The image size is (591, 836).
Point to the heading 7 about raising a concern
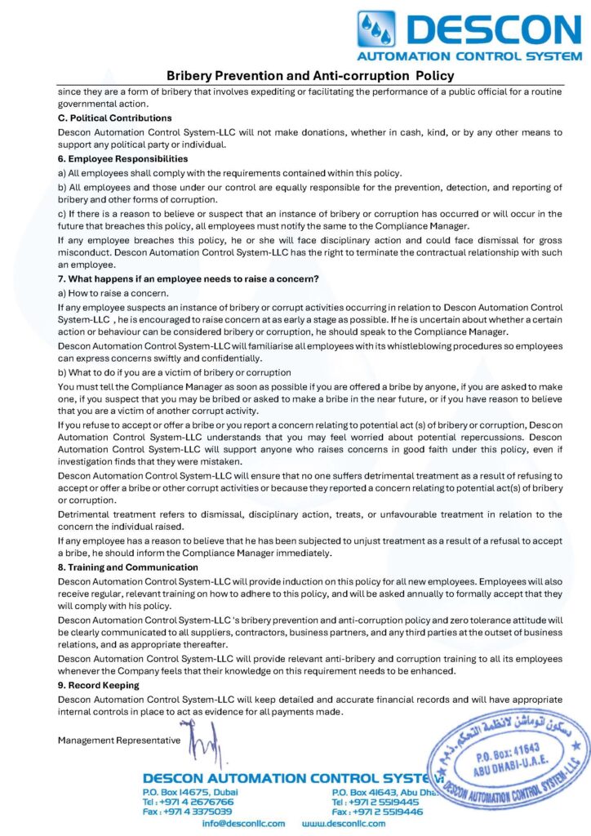click(x=188, y=278)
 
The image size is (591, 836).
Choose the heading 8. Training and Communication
click(x=127, y=567)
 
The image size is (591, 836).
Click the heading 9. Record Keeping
click(x=98, y=685)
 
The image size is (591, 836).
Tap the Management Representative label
click(x=119, y=740)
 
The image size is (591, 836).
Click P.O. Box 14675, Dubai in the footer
click(x=190, y=792)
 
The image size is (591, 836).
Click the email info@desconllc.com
click(x=244, y=824)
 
